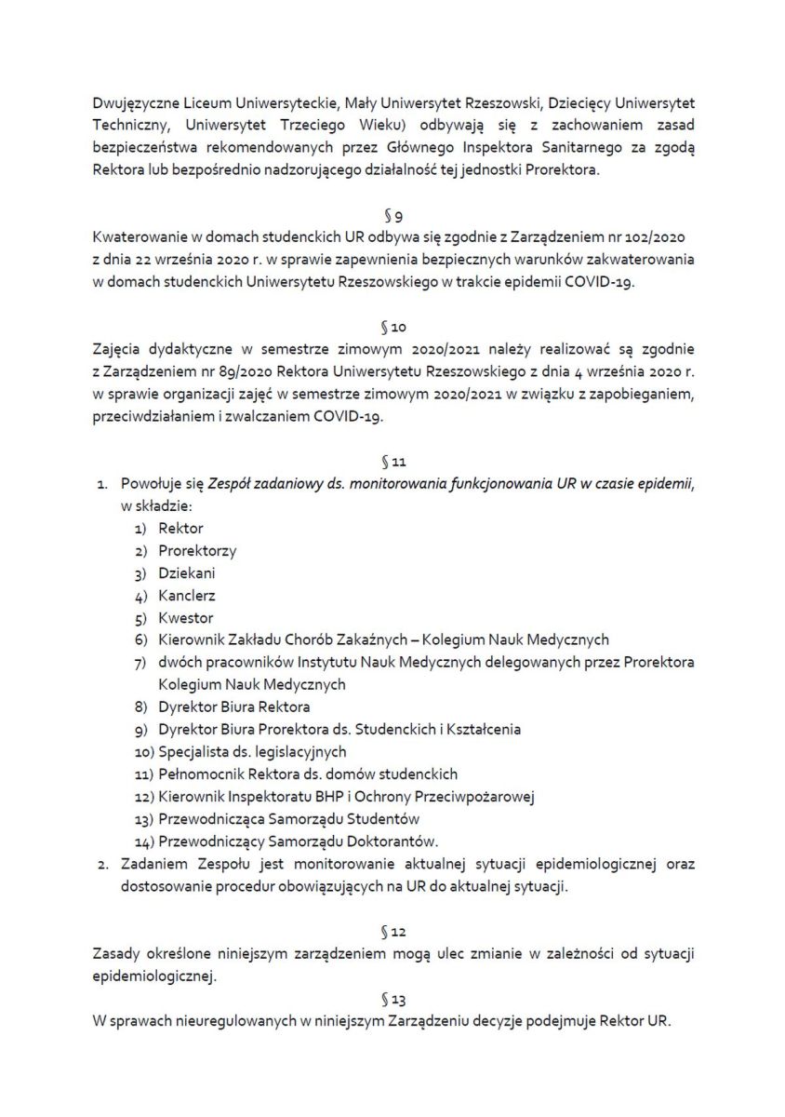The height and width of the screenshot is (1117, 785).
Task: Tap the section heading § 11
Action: tap(392, 461)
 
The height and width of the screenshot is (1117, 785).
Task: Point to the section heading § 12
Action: tap(392, 930)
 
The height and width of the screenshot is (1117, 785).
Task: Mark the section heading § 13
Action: tap(392, 999)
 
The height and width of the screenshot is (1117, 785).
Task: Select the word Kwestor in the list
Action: tap(185, 617)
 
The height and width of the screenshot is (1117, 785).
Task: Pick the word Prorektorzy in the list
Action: tap(196, 550)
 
